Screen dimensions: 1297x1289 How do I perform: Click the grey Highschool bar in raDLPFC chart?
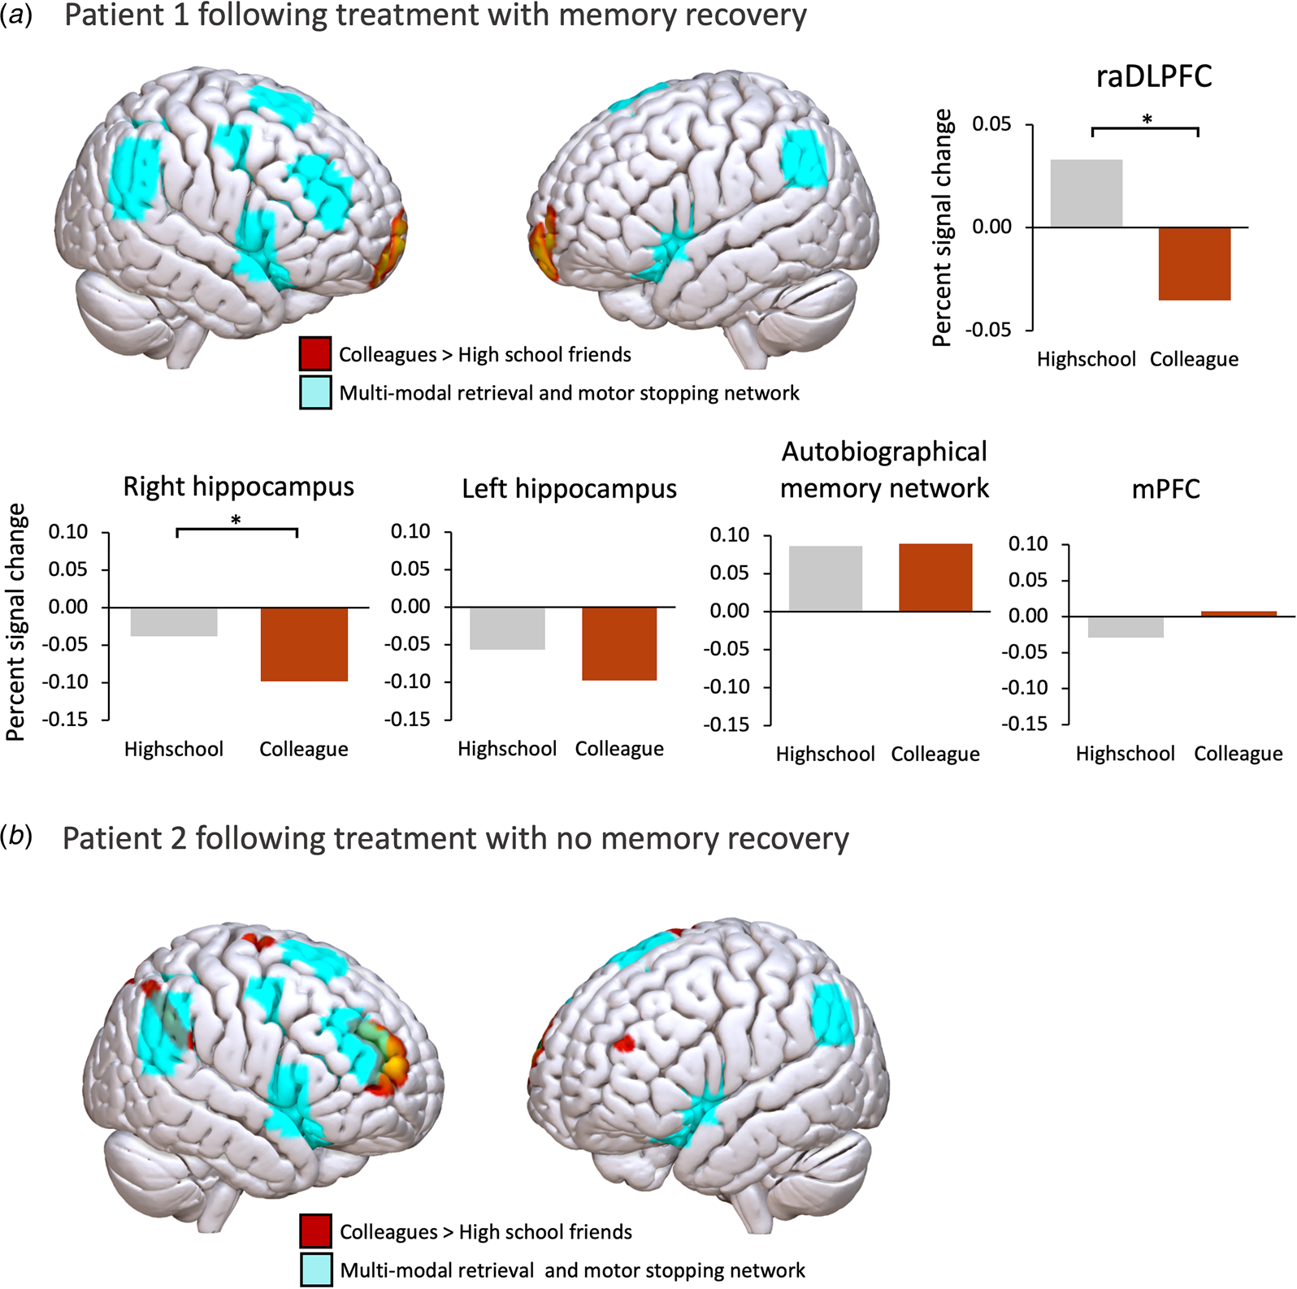pyautogui.click(x=1087, y=193)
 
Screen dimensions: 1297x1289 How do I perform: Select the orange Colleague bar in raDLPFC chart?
pyautogui.click(x=1195, y=264)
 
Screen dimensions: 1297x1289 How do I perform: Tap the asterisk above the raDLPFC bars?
pyautogui.click(x=1147, y=120)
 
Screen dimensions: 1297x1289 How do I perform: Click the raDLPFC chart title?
pyautogui.click(x=1154, y=77)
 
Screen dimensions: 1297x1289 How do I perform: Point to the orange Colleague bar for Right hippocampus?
pyautogui.click(x=304, y=644)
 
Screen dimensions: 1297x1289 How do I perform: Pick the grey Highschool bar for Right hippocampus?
pyautogui.click(x=174, y=622)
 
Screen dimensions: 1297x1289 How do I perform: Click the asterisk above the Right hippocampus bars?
pyautogui.click(x=236, y=519)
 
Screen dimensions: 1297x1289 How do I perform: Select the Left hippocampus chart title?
pyautogui.click(x=569, y=489)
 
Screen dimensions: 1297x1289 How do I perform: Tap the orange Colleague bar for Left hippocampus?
pyautogui.click(x=619, y=643)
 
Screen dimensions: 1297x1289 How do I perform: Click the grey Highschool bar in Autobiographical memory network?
pyautogui.click(x=826, y=578)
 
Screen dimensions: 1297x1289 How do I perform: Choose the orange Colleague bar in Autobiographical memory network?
pyautogui.click(x=935, y=577)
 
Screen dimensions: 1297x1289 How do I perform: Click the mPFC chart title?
pyautogui.click(x=1166, y=489)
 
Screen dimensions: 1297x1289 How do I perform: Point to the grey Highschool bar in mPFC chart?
pyautogui.click(x=1126, y=627)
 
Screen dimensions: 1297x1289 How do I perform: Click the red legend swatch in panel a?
pyautogui.click(x=315, y=354)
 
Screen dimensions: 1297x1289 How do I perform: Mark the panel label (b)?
pyautogui.click(x=16, y=837)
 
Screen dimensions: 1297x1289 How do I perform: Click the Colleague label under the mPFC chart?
pyautogui.click(x=1238, y=754)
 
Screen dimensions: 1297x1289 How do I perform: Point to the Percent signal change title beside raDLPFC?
pyautogui.click(x=943, y=228)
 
